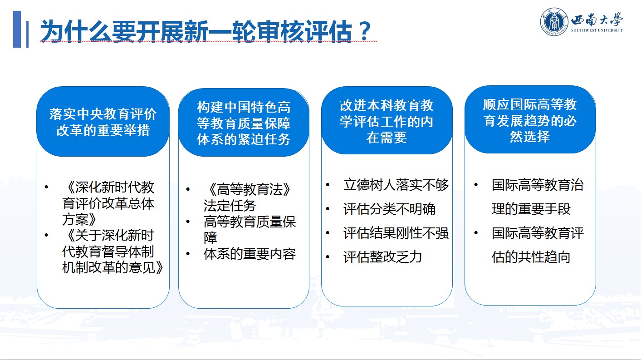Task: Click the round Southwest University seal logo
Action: (x=554, y=22)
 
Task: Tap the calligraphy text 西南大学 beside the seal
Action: (x=597, y=20)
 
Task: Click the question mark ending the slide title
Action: (x=364, y=31)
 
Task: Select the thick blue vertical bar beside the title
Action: (x=17, y=29)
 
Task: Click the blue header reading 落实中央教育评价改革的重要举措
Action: (x=103, y=122)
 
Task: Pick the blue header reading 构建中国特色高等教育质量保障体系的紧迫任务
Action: (x=244, y=123)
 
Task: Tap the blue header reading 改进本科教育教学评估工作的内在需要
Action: (x=387, y=121)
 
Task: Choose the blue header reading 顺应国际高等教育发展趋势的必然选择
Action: (x=530, y=120)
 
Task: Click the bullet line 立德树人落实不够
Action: (x=396, y=185)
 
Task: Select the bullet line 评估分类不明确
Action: (x=390, y=209)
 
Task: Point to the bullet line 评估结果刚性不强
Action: (x=396, y=233)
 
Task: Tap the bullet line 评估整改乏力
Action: (x=382, y=257)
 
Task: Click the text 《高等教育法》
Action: (x=249, y=190)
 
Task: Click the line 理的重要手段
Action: (x=531, y=209)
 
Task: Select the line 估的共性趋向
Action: (x=531, y=257)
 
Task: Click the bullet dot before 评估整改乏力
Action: (x=328, y=256)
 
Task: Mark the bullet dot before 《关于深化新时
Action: (x=47, y=235)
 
